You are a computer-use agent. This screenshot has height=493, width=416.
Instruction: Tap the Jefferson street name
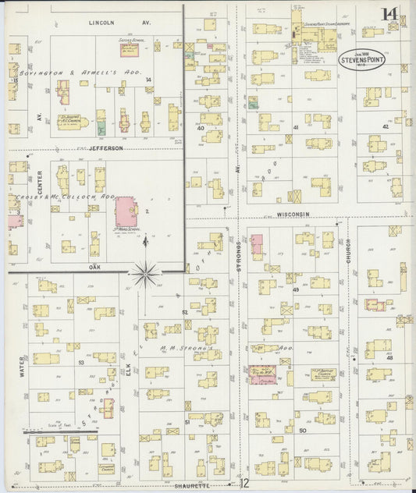[x=106, y=147]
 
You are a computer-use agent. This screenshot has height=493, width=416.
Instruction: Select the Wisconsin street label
[x=293, y=213]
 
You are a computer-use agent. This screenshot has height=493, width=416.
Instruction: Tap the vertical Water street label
[x=22, y=367]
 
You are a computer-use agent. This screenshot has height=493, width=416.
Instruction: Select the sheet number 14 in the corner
[x=389, y=14]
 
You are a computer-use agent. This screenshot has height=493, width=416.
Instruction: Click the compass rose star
[x=145, y=274]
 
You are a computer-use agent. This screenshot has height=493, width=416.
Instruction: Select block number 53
[x=80, y=362]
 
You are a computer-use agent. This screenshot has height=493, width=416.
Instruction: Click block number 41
[x=296, y=127]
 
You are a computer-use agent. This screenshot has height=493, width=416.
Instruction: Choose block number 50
[x=302, y=430]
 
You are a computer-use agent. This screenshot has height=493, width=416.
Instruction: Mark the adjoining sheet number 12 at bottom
[x=244, y=484]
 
